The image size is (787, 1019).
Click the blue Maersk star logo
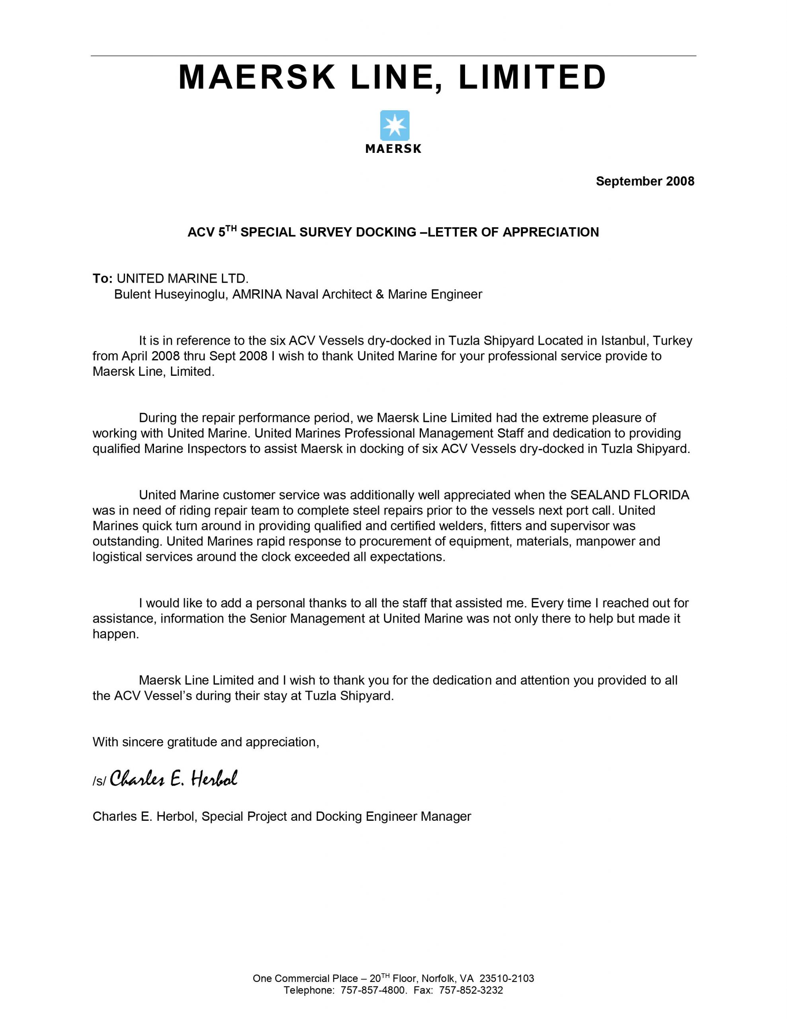pyautogui.click(x=394, y=125)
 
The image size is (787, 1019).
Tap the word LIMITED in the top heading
pyautogui.click(x=532, y=78)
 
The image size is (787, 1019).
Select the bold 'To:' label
pyautogui.click(x=103, y=279)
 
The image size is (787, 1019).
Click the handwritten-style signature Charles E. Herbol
pyautogui.click(x=173, y=779)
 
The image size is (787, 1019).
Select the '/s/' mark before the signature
pyautogui.click(x=99, y=781)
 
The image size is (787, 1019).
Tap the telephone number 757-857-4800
pyautogui.click(x=374, y=990)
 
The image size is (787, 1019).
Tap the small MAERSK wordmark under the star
pyautogui.click(x=393, y=149)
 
